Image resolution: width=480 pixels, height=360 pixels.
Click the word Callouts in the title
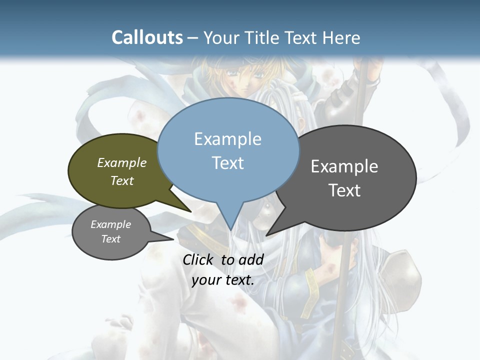[x=147, y=37]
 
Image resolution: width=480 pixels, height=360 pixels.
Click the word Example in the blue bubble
[x=227, y=139]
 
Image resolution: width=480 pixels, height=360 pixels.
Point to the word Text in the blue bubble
[x=227, y=163]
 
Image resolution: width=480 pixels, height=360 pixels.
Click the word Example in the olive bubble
[x=121, y=163]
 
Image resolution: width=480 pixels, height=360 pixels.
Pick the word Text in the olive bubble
[x=121, y=180]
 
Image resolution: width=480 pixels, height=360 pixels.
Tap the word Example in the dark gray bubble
[x=344, y=166]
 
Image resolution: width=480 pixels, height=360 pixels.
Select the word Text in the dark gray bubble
[x=344, y=190]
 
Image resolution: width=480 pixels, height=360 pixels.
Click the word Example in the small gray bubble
[x=110, y=224]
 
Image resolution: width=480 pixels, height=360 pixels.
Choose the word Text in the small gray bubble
[x=110, y=239]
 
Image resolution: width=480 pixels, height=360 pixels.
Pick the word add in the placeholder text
[x=250, y=259]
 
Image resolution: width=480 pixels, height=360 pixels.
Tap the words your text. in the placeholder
[x=222, y=280]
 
